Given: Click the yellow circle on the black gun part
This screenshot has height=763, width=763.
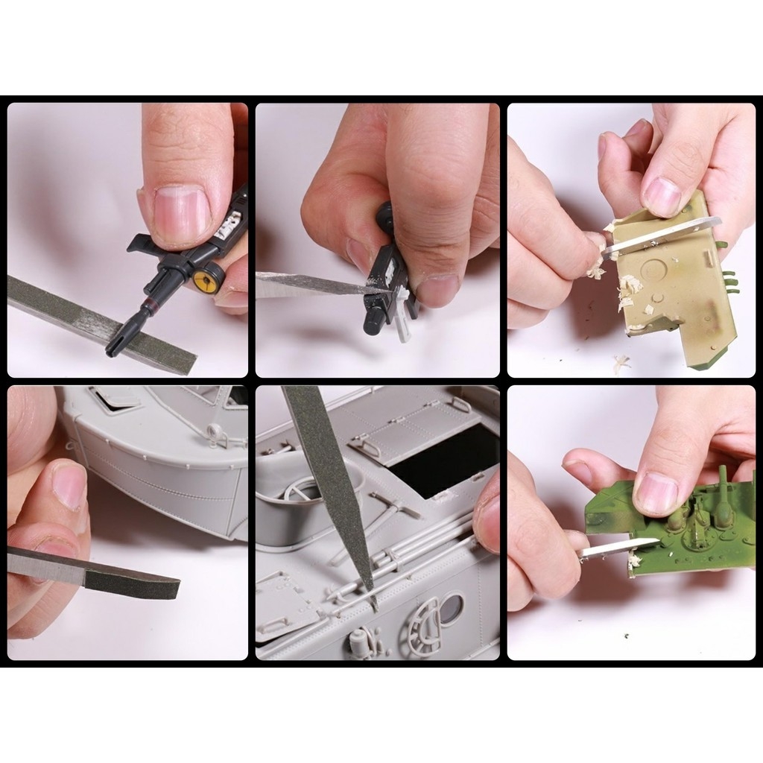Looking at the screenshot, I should (x=202, y=279).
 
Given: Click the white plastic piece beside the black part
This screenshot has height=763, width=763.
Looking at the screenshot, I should (x=403, y=317).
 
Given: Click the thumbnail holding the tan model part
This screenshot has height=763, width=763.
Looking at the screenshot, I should (x=662, y=195).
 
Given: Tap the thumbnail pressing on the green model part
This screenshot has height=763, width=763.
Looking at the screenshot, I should (x=655, y=493).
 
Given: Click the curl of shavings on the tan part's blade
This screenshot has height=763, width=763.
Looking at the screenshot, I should (x=595, y=269).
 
